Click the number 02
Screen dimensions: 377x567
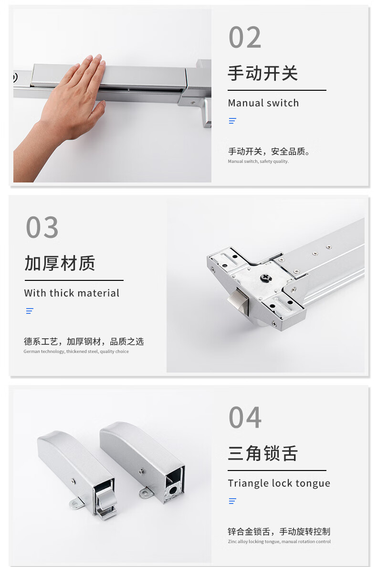pos(245,37)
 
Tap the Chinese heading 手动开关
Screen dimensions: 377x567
pos(262,74)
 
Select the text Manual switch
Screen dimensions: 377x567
pos(263,103)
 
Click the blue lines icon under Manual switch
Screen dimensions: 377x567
pos(232,121)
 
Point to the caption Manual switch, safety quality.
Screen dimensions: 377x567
pos(258,161)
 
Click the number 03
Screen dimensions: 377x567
pos(42,227)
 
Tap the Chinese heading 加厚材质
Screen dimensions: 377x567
pos(60,263)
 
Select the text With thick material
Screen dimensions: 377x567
pos(72,293)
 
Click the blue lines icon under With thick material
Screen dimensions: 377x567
pos(30,311)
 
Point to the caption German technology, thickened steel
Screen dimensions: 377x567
pos(76,352)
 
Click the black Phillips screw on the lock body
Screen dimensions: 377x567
pos(265,278)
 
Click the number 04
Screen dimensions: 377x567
pos(245,417)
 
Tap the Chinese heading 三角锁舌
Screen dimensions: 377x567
pos(262,453)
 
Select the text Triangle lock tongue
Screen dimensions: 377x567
pos(279,483)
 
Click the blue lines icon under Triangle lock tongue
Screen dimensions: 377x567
pos(232,501)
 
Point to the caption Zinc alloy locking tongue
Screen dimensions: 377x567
pos(279,542)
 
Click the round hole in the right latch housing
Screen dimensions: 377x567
pos(173,491)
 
